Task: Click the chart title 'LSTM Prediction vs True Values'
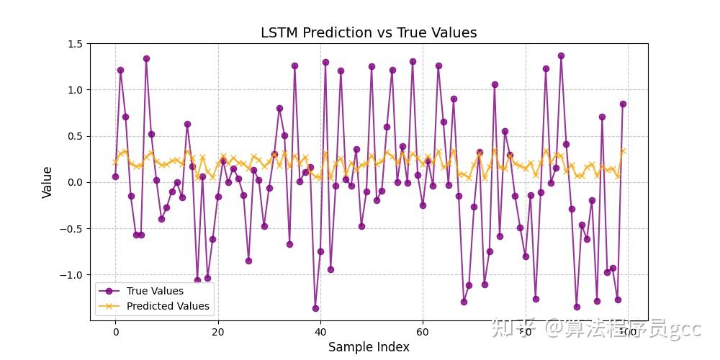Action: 368,32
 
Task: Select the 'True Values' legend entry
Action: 155,291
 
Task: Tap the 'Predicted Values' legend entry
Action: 168,306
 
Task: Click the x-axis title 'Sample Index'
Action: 369,347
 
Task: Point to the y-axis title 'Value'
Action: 47,182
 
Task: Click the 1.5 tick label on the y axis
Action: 74,44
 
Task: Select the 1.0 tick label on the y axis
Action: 74,90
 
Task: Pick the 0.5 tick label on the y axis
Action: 74,136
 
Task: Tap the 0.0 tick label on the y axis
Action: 74,182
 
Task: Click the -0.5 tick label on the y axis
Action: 72,229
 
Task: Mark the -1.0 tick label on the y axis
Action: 72,275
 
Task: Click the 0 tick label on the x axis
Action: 115,332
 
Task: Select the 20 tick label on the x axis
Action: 217,332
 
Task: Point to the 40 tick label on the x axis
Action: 320,332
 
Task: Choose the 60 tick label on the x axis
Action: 422,332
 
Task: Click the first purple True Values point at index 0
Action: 115,176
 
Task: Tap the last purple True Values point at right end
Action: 623,104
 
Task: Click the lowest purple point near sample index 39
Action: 315,308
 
